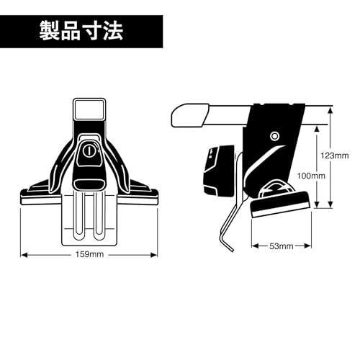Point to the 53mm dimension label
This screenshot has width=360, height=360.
pos(281,246)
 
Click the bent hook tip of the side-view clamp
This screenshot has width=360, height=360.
pos(228,246)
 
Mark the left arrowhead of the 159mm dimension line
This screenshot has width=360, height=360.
pos(22,253)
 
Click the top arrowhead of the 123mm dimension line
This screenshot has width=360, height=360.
pos(331,109)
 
